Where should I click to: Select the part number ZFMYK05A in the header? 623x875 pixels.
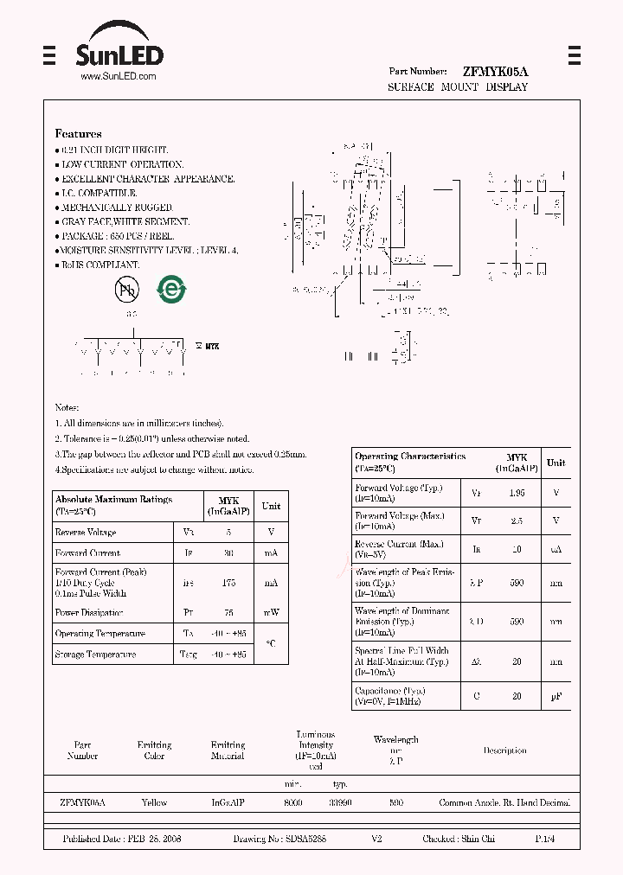click(495, 72)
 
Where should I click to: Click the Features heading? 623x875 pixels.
click(78, 134)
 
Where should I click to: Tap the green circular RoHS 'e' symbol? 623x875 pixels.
click(170, 289)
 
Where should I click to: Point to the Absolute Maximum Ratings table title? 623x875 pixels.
click(113, 500)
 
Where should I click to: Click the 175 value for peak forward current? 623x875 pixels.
click(228, 583)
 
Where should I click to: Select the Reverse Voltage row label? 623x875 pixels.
click(85, 533)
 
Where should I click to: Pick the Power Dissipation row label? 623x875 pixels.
click(88, 613)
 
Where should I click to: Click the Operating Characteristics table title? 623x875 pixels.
click(410, 457)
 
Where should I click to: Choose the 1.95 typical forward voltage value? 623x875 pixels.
click(517, 493)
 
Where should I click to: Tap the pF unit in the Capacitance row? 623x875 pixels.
click(556, 695)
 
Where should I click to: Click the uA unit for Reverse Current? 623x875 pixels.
click(556, 550)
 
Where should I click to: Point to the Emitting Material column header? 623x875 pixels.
click(228, 750)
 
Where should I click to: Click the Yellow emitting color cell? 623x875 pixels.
click(154, 803)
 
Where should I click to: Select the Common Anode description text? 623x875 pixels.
click(504, 803)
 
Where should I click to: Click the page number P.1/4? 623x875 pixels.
click(546, 840)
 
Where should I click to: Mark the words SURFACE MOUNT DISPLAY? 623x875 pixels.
click(457, 87)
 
